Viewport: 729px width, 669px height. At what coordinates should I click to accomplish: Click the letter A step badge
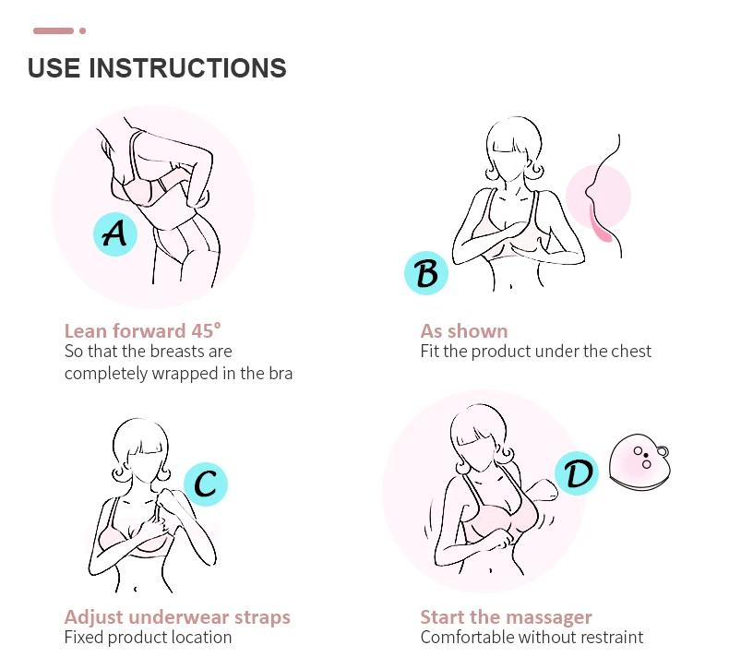click(115, 233)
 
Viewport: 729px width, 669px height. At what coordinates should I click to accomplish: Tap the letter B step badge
click(426, 273)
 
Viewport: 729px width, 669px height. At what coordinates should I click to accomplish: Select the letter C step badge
click(206, 484)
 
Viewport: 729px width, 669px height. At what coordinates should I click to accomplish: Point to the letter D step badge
click(577, 473)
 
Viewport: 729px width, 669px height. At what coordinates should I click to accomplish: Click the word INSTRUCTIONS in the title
click(187, 68)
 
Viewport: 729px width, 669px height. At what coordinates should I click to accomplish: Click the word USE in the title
click(54, 68)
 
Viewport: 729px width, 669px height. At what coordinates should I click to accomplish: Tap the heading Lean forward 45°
click(143, 331)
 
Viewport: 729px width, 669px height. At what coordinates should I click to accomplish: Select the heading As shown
click(464, 331)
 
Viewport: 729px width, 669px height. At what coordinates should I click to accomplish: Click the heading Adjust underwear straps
click(177, 617)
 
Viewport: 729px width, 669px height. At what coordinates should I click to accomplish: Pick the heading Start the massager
click(506, 617)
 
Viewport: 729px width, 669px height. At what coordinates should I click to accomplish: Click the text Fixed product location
click(148, 637)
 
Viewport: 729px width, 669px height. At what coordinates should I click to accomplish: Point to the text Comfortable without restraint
click(532, 637)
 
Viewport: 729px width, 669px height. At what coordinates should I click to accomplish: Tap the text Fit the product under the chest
click(535, 351)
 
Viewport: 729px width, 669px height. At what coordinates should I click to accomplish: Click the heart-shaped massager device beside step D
click(639, 463)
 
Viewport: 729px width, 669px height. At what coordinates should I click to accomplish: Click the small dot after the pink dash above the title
click(83, 30)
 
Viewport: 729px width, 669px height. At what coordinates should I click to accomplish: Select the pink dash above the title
click(54, 30)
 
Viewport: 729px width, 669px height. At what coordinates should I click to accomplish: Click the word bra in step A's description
click(281, 374)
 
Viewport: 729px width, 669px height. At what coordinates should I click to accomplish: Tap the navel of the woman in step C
click(136, 589)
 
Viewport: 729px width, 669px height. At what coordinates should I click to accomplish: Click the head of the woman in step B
click(513, 149)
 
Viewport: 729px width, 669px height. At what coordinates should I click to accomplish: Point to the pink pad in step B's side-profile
click(598, 225)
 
